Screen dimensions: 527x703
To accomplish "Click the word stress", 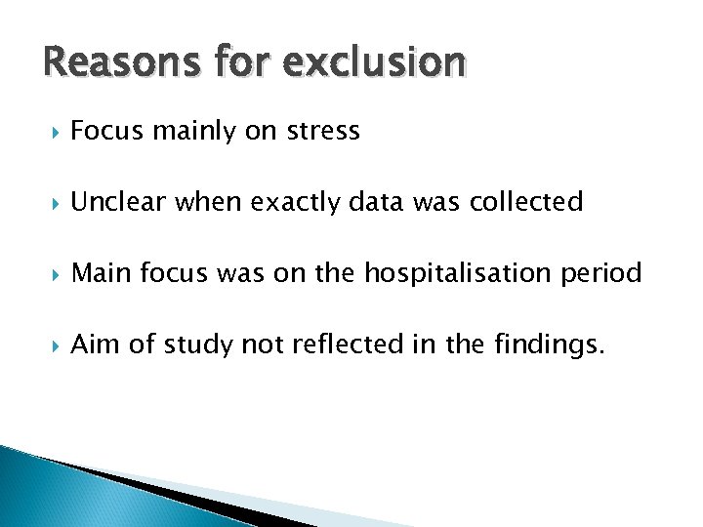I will [323, 131].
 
